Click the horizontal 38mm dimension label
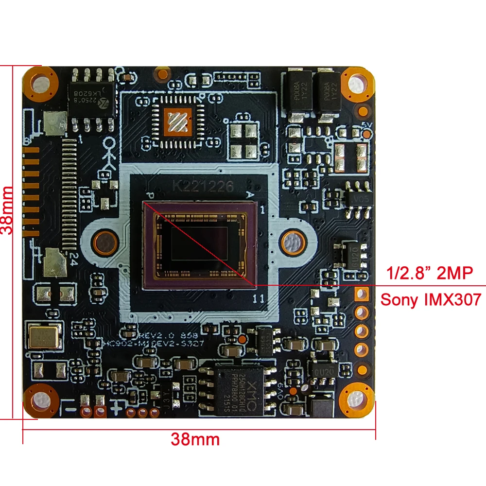195,440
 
